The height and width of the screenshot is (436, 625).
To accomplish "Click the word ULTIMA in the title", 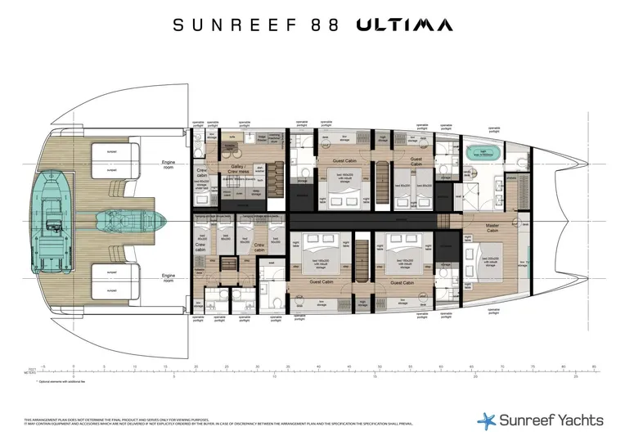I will tap(403, 25).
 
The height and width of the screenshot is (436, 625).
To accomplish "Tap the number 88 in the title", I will tap(326, 25).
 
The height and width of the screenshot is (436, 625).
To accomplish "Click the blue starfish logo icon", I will tap(487, 420).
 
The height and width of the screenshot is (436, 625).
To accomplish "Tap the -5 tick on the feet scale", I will tap(43, 367).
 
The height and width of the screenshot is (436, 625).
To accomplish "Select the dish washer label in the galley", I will tap(262, 171).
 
